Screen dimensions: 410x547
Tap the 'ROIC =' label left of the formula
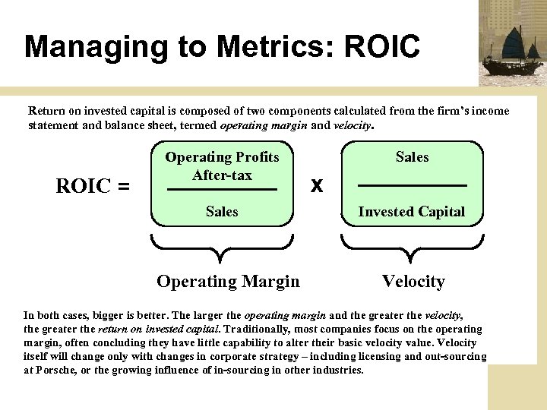(x=93, y=186)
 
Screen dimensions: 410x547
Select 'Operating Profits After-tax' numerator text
(x=222, y=166)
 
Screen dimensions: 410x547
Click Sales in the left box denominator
(x=222, y=212)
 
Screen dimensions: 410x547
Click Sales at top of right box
(x=412, y=157)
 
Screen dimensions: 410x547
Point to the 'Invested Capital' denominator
(x=412, y=212)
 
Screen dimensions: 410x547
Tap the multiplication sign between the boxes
(x=318, y=185)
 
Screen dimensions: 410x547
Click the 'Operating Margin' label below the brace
(x=228, y=282)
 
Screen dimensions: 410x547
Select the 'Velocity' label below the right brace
(x=413, y=282)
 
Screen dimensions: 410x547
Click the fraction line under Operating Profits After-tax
(x=222, y=188)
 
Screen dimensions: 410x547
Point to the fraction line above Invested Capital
(x=412, y=185)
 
